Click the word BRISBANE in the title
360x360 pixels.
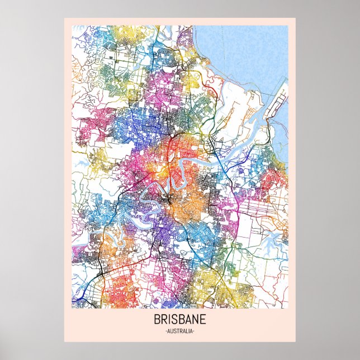click(180, 320)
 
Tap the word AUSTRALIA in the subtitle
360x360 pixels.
click(180, 332)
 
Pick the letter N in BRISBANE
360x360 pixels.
click(197, 320)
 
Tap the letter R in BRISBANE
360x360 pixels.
click(163, 320)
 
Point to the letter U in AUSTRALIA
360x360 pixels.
click(171, 332)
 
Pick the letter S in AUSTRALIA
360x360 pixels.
click(174, 332)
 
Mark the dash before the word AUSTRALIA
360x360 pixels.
click(166, 332)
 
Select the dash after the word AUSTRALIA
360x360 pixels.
click(193, 332)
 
